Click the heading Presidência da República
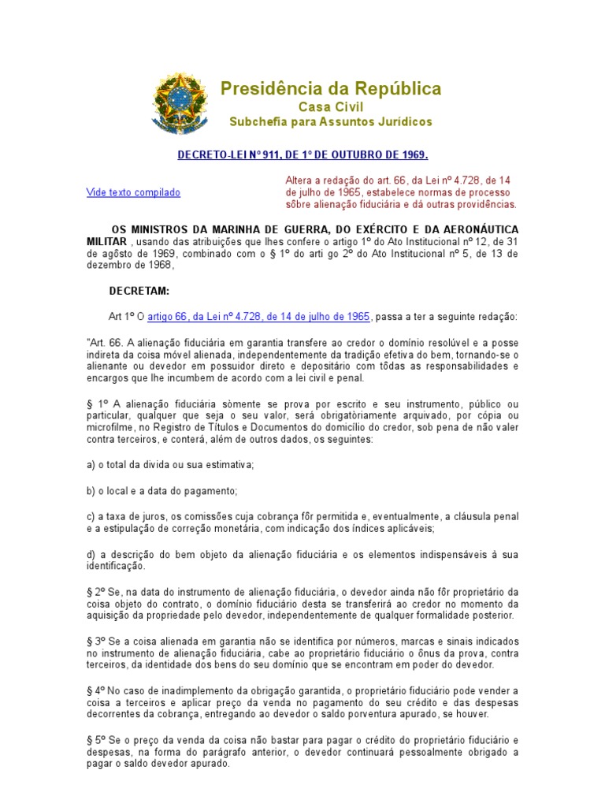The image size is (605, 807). tap(330, 88)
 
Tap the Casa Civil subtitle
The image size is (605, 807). tap(330, 106)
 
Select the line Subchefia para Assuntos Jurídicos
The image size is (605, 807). tap(330, 122)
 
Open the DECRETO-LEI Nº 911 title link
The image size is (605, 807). tap(302, 154)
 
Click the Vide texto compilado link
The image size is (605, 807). tap(133, 192)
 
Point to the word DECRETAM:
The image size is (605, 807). tap(139, 291)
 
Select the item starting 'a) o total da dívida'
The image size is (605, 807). tap(170, 465)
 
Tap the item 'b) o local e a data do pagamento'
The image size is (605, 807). tap(161, 490)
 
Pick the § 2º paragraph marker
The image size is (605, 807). tap(94, 591)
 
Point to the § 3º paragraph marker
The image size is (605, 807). tap(94, 642)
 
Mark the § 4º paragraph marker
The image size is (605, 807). tap(94, 690)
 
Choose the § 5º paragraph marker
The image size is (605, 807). tap(94, 740)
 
